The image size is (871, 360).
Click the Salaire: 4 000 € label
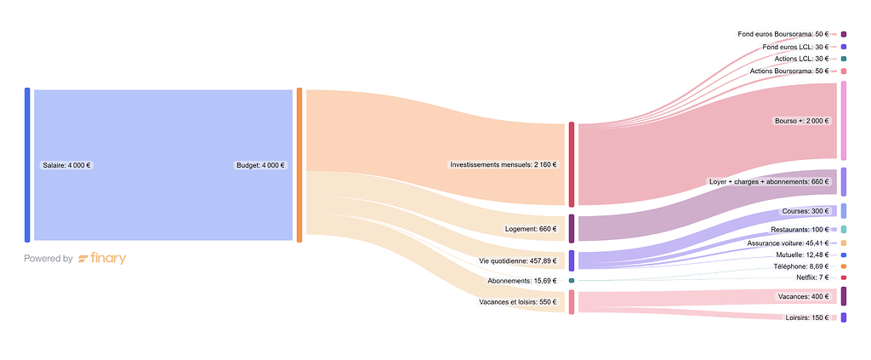67,165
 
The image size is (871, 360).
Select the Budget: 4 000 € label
260,165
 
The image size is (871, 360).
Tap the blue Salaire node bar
27,165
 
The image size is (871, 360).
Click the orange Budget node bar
299,165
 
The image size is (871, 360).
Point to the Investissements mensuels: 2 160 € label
504,164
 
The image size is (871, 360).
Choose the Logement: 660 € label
532,228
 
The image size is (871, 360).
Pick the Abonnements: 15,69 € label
522,280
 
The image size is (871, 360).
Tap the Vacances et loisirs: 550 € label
517,301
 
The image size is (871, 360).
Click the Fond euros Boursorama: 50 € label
783,34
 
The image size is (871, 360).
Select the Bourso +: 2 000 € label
801,121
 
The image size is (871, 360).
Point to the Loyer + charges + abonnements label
768,181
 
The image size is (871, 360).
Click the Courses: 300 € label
805,211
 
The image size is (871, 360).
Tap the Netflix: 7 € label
812,277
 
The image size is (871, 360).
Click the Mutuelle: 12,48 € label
800,254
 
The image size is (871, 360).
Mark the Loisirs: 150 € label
807,317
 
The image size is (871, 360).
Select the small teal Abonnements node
572,280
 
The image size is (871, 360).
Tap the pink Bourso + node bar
843,121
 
